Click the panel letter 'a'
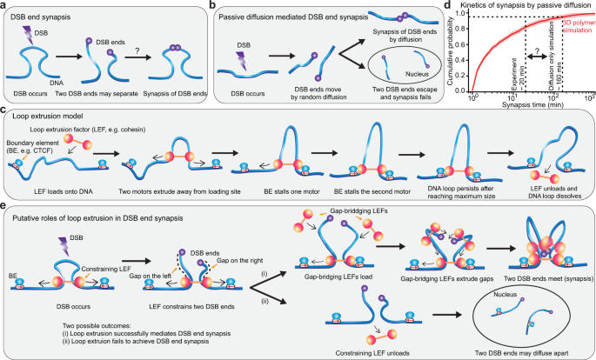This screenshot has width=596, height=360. tap(5, 5)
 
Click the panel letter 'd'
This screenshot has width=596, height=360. tap(447, 5)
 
